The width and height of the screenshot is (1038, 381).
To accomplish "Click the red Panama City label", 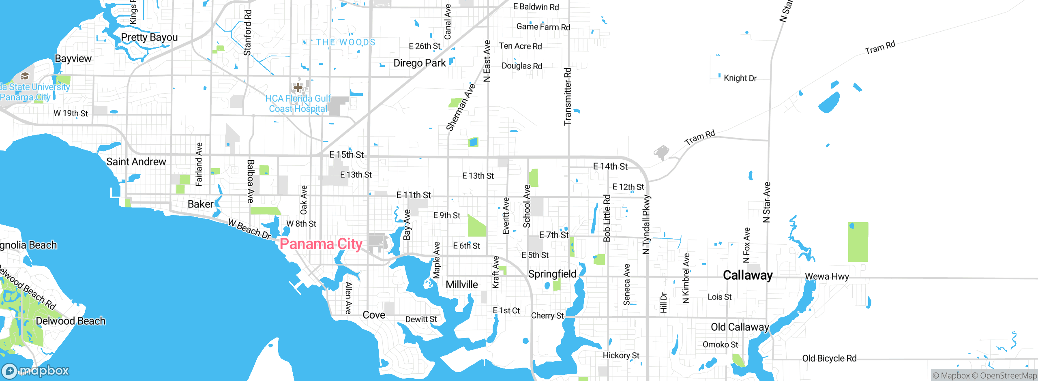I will click(321, 244).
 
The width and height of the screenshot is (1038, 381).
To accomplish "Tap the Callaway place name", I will click(748, 275).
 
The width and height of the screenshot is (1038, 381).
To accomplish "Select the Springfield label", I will click(552, 274).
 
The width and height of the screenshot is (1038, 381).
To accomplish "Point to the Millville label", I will click(461, 285).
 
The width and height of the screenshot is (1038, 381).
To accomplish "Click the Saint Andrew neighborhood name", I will click(136, 162).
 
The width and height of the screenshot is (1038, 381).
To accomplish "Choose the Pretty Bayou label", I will click(149, 37).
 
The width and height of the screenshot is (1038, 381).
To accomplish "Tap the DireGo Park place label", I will click(419, 63).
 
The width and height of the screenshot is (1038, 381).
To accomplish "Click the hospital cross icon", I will click(298, 87).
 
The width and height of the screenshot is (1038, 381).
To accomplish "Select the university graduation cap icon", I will click(25, 76).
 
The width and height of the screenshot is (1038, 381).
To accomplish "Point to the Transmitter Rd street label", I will click(568, 96).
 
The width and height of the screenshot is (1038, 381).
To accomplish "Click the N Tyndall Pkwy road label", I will click(646, 225).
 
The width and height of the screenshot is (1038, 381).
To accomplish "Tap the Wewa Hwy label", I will click(827, 276).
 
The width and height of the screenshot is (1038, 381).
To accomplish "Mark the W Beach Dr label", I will click(249, 229).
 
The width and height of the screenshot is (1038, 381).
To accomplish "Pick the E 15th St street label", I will click(346, 154).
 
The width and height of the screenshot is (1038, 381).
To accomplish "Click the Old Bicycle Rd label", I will click(829, 358).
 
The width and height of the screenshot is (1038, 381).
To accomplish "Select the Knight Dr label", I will click(740, 78).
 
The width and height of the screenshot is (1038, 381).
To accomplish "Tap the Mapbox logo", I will click(36, 370).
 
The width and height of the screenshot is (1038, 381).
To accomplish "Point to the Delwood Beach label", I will click(71, 321).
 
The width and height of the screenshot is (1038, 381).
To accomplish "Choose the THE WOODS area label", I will click(345, 42).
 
